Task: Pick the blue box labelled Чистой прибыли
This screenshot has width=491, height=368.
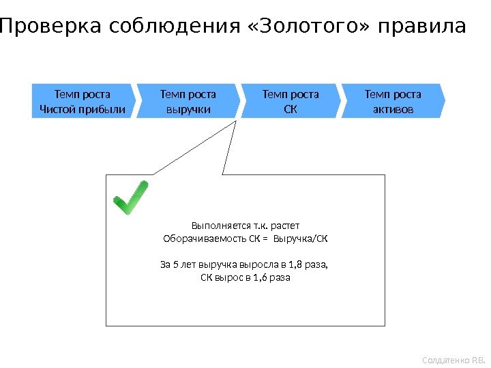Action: (83, 101)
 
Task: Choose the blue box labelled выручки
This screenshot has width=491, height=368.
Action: (188, 101)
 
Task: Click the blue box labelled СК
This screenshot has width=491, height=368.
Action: (291, 101)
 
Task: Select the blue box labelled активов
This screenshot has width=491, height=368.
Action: (393, 101)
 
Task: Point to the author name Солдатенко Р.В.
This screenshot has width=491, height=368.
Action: (453, 359)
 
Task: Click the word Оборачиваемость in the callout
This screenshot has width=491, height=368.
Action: (197, 239)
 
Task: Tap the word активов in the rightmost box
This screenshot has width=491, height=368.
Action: (393, 109)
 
